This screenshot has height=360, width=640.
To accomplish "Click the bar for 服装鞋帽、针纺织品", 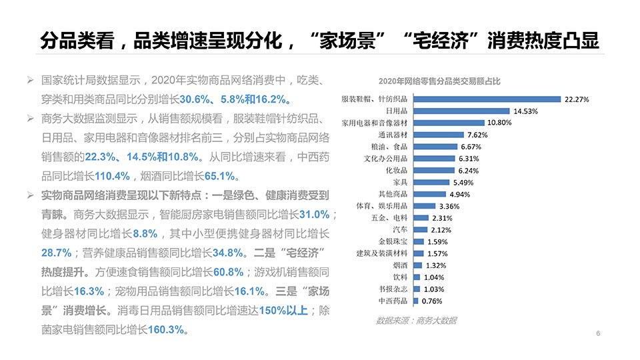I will point(487,99).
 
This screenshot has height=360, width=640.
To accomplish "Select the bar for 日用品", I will point(461,111).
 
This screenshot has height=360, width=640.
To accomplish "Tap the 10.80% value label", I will point(499,123).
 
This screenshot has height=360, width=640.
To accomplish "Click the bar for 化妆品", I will point(434,170).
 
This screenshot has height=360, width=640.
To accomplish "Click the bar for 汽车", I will point(421,229).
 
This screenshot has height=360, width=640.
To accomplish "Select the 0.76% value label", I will point(431,301).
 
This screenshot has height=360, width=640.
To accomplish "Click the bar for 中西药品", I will point(416,301).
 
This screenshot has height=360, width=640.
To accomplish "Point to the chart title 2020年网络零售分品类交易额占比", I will point(439,81).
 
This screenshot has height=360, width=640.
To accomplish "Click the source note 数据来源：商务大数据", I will point(417,321).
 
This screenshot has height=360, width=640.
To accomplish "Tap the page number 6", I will point(598,333).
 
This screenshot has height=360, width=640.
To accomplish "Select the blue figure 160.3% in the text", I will point(166,330).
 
